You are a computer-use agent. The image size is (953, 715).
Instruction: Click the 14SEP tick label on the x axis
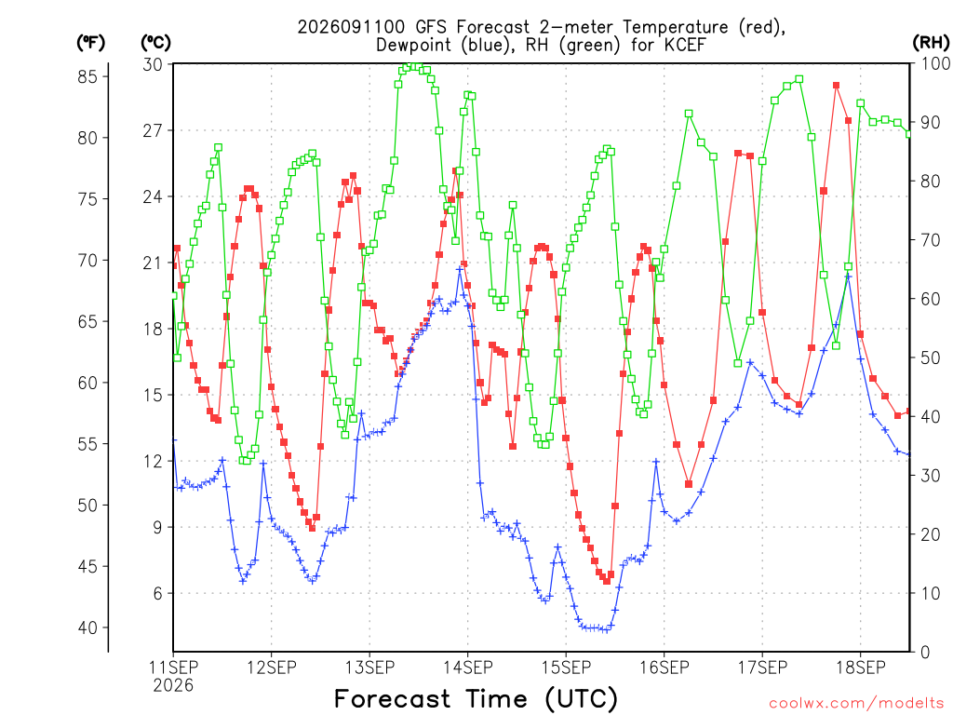pos(467,668)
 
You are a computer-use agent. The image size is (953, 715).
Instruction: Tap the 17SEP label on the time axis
pos(762,668)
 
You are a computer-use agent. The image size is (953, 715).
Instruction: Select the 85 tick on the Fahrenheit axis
pos(87,76)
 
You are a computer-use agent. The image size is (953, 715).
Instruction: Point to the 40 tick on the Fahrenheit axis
pos(87,627)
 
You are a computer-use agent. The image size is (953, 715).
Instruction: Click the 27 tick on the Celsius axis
pos(153,130)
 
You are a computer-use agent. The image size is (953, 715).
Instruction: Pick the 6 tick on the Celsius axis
pos(157,593)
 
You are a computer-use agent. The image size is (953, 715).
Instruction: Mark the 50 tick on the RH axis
pos(931,357)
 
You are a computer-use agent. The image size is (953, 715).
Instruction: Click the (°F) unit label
pos(90,43)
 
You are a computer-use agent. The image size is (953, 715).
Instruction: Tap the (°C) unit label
pos(155,43)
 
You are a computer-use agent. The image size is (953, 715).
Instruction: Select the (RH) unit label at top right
pos(931,43)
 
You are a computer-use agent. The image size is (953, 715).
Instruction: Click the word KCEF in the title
pos(684,45)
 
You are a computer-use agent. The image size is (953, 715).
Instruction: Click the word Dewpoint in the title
pos(413,46)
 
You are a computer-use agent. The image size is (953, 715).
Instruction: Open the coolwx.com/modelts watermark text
pos(856,704)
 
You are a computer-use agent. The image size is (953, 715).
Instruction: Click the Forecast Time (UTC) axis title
pos(476,698)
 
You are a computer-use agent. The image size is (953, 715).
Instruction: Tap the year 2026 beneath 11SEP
pos(173,686)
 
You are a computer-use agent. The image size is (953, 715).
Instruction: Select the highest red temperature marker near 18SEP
pos(837,86)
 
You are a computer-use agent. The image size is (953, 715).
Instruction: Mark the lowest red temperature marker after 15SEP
pos(607,581)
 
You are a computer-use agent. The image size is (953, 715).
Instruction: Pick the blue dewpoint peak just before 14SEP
pos(460,269)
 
